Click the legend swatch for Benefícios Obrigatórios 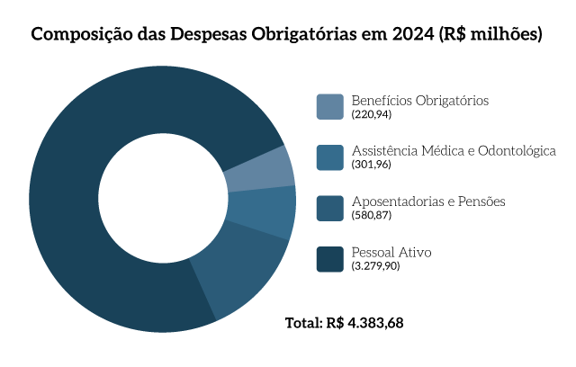point(330,106)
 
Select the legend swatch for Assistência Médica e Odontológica point(330,157)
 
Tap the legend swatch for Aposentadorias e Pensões point(330,208)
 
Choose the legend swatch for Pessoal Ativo point(330,258)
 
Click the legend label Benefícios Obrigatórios point(419,100)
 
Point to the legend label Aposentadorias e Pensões point(427,201)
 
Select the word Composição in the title point(77,35)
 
